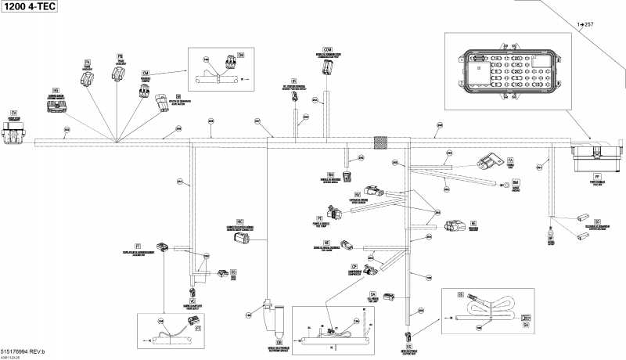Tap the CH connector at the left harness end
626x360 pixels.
pos(13,135)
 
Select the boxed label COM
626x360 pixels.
pos(328,49)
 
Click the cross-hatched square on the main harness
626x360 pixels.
pos(382,142)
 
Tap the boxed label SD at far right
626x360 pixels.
pos(598,222)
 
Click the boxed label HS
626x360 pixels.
pos(56,90)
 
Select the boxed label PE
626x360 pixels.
pos(319,218)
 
